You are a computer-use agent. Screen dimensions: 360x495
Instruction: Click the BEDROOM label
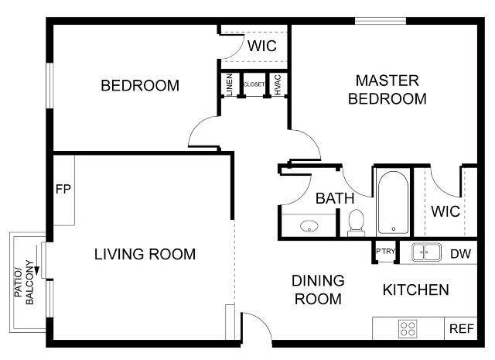[x=140, y=85]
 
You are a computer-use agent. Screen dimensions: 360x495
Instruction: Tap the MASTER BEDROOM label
[x=387, y=89]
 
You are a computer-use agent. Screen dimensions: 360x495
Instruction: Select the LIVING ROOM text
[x=145, y=254]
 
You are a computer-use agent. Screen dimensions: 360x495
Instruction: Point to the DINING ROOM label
[x=318, y=290]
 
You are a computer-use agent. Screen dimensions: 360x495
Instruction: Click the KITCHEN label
[x=416, y=290]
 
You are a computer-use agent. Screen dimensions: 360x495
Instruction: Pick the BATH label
[x=334, y=198]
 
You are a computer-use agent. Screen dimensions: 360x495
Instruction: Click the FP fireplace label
[x=63, y=189]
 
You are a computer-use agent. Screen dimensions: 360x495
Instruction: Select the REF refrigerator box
[x=461, y=328]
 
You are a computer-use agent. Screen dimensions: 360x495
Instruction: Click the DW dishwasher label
[x=461, y=253]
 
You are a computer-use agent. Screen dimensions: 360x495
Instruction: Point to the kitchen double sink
[x=425, y=252]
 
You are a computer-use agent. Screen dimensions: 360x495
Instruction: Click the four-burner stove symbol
[x=408, y=328]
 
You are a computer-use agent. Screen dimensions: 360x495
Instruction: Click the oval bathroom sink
[x=309, y=227]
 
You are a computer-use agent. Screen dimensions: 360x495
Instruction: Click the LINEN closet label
[x=230, y=84]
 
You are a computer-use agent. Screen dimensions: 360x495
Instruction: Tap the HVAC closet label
[x=278, y=84]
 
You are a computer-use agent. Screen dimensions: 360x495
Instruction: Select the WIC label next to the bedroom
[x=261, y=46]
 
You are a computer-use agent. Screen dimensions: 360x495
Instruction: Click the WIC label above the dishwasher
[x=445, y=211]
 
